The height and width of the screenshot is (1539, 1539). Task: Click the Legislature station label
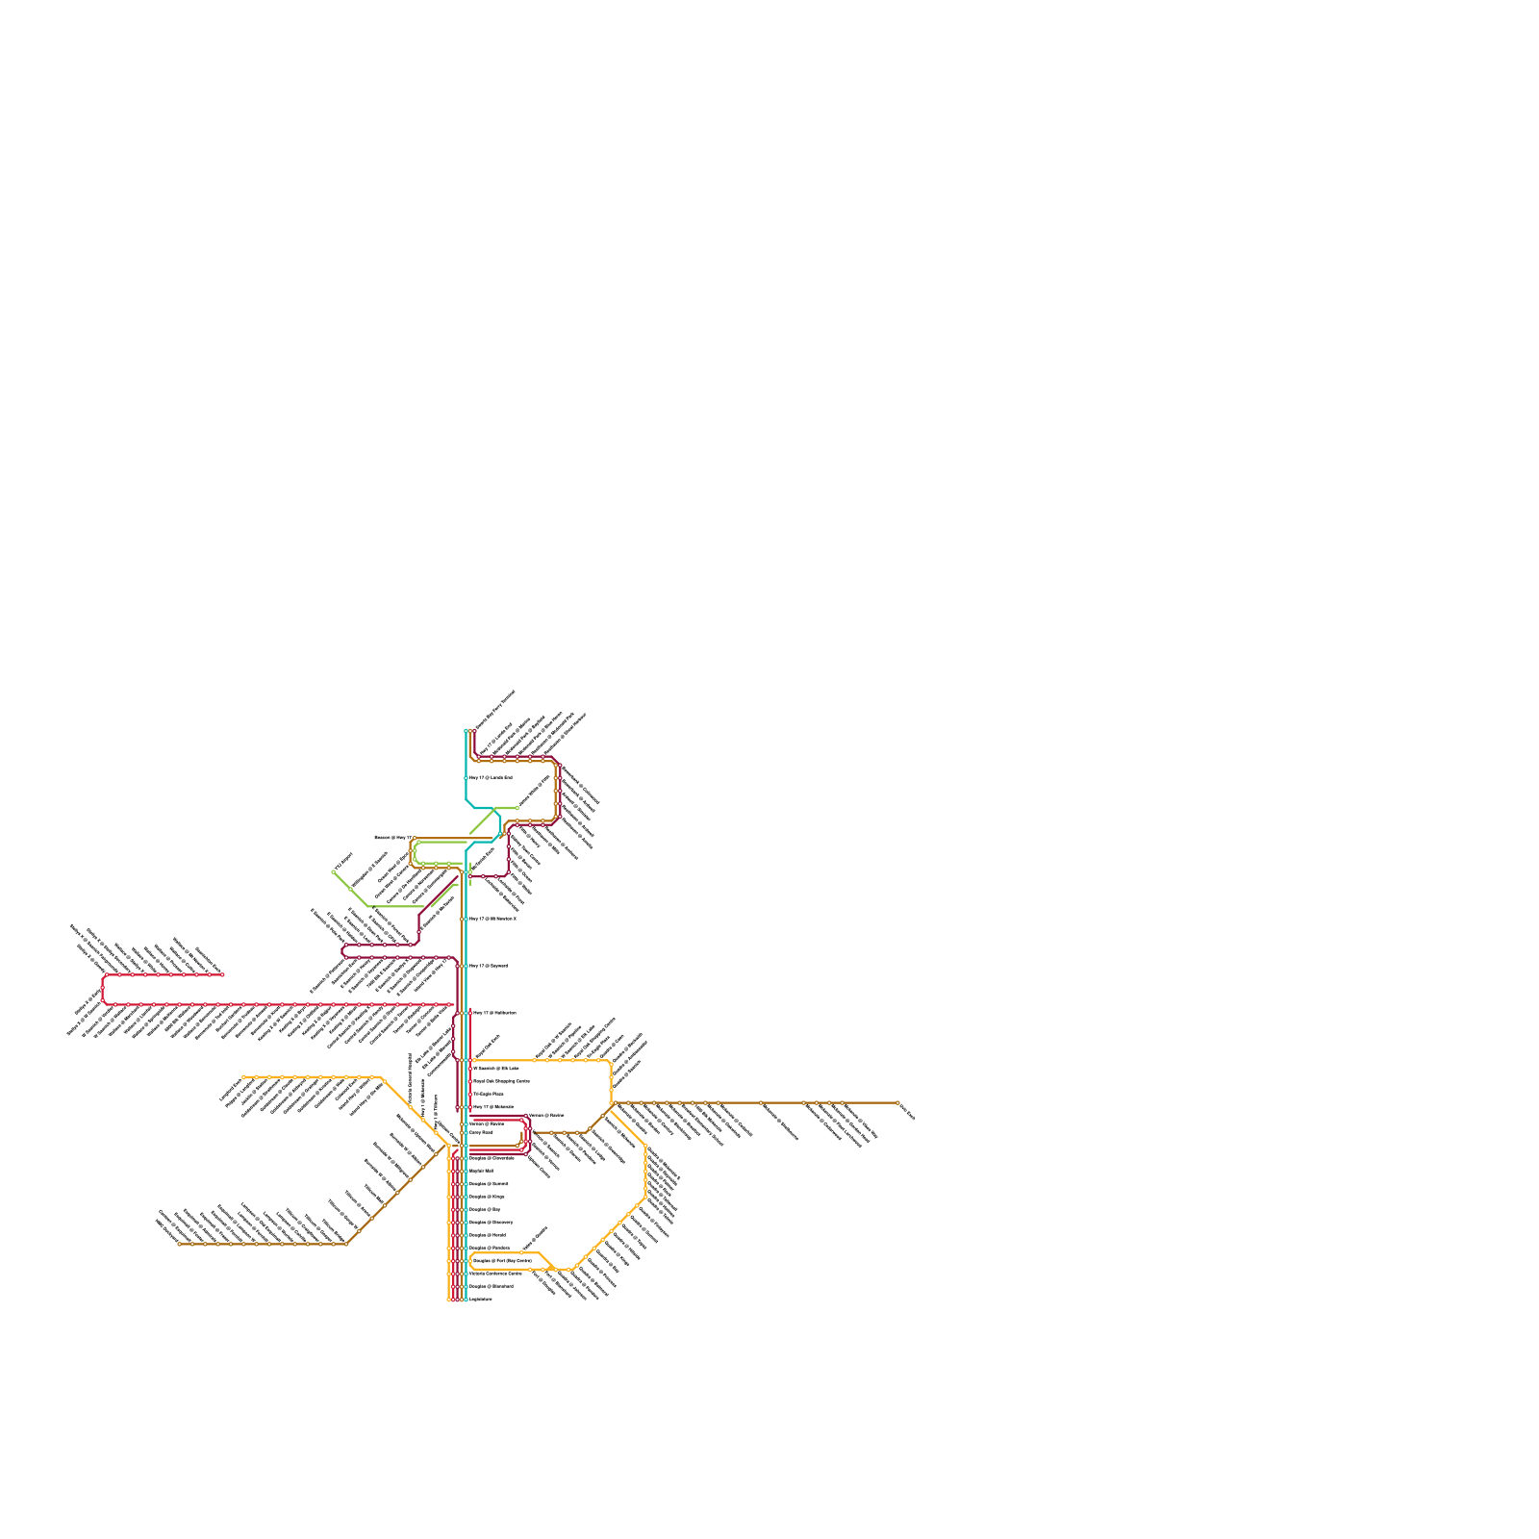[480, 1299]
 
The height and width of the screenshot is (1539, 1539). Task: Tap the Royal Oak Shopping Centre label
[501, 1081]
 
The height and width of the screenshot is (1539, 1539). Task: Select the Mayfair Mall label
[481, 1171]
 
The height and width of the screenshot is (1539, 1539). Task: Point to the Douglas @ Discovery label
[492, 1222]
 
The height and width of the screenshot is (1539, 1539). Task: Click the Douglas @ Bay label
[485, 1209]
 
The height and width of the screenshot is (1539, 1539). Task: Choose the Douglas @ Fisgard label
[488, 1235]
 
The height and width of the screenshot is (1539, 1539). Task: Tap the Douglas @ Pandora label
[490, 1248]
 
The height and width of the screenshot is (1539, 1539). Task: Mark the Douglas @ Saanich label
[489, 1183]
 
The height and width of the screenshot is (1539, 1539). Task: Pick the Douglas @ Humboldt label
[491, 1286]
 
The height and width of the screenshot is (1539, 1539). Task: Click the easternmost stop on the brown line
[897, 1103]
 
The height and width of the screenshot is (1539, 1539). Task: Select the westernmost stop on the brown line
[180, 1244]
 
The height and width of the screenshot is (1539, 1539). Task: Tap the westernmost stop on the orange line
[244, 1077]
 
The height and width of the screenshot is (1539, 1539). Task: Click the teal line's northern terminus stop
[467, 731]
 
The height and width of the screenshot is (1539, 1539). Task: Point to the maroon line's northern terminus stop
[473, 731]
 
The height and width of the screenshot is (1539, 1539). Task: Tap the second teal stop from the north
[467, 777]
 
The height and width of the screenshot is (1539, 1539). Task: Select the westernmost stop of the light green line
[334, 872]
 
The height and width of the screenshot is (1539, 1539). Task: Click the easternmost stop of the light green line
[517, 808]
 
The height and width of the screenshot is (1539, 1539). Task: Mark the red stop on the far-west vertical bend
[103, 989]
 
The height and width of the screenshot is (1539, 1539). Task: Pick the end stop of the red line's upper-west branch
[222, 974]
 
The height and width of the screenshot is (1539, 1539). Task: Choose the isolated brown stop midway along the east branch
[761, 1103]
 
